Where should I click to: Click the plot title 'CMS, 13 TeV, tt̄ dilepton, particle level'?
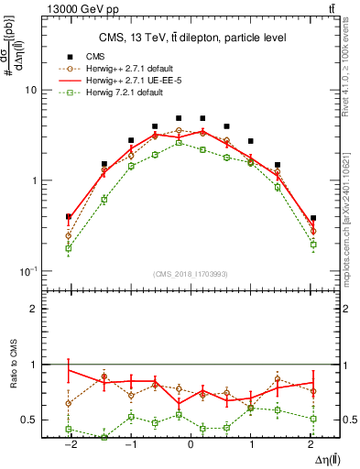click(x=192, y=38)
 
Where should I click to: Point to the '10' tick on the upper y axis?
click(x=29, y=91)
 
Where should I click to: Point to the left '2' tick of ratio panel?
click(x=33, y=309)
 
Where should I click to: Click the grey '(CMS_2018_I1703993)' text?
click(x=191, y=274)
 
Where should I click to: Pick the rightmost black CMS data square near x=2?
click(x=313, y=219)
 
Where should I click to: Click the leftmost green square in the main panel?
click(x=69, y=248)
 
